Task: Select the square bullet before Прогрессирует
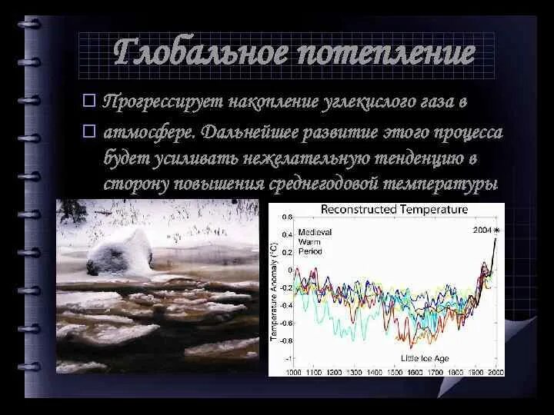coord(89,101)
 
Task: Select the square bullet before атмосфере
coord(89,132)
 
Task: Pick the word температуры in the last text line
coord(453,184)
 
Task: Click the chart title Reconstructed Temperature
coord(393,209)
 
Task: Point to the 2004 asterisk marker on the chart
coord(497,230)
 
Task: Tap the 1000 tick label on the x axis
coord(294,372)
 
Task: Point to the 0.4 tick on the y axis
coord(287,234)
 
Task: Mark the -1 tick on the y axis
coord(288,359)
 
